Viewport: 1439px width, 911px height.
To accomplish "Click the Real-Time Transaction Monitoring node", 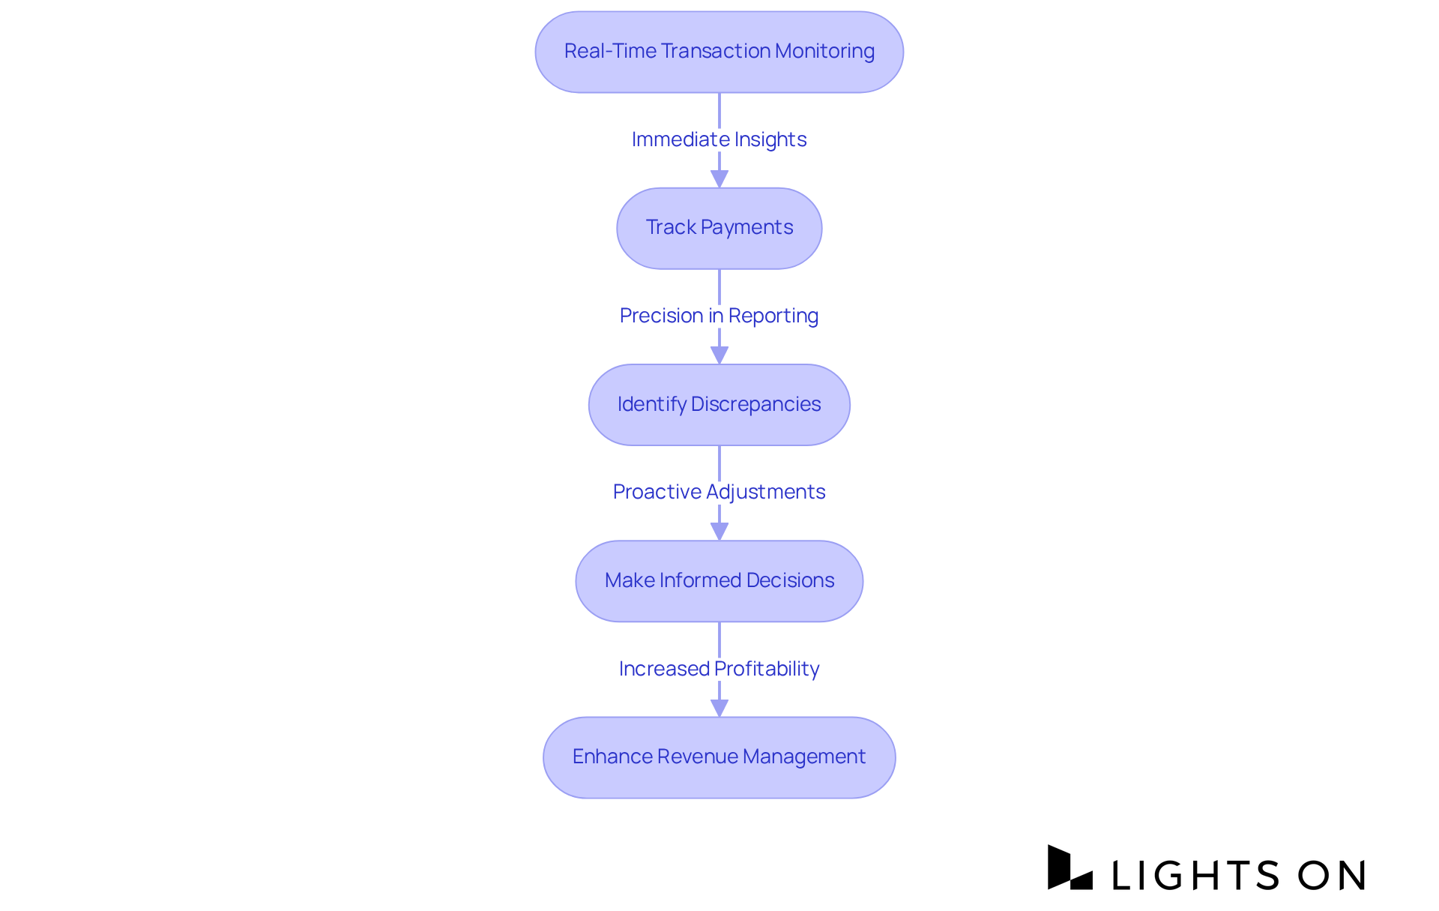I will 719,52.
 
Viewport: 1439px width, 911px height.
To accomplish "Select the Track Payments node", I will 719,228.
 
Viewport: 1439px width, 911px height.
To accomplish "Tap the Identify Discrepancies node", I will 719,405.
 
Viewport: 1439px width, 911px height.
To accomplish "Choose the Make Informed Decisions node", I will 719,581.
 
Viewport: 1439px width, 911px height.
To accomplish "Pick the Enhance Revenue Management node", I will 719,757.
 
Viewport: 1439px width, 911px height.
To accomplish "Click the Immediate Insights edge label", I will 719,139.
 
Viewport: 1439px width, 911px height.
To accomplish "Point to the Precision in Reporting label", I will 719,316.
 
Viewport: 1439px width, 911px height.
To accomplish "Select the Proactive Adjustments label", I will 719,492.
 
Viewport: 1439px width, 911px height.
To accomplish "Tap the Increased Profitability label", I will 719,668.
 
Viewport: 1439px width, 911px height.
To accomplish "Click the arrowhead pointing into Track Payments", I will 719,178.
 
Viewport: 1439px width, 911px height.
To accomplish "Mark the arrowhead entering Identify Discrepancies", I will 719,355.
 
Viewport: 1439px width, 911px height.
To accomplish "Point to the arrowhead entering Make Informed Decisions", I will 719,531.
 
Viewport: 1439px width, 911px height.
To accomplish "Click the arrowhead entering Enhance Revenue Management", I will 719,707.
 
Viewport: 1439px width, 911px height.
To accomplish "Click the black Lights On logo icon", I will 1069,868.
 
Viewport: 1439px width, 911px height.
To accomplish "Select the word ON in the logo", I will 1332,875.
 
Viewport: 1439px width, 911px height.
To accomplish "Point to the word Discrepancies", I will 755,404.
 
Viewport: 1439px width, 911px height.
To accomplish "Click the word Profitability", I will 767,668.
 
